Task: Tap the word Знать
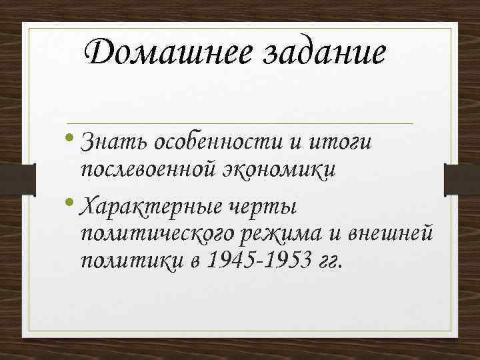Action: click(114, 141)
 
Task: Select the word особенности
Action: click(214, 142)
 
